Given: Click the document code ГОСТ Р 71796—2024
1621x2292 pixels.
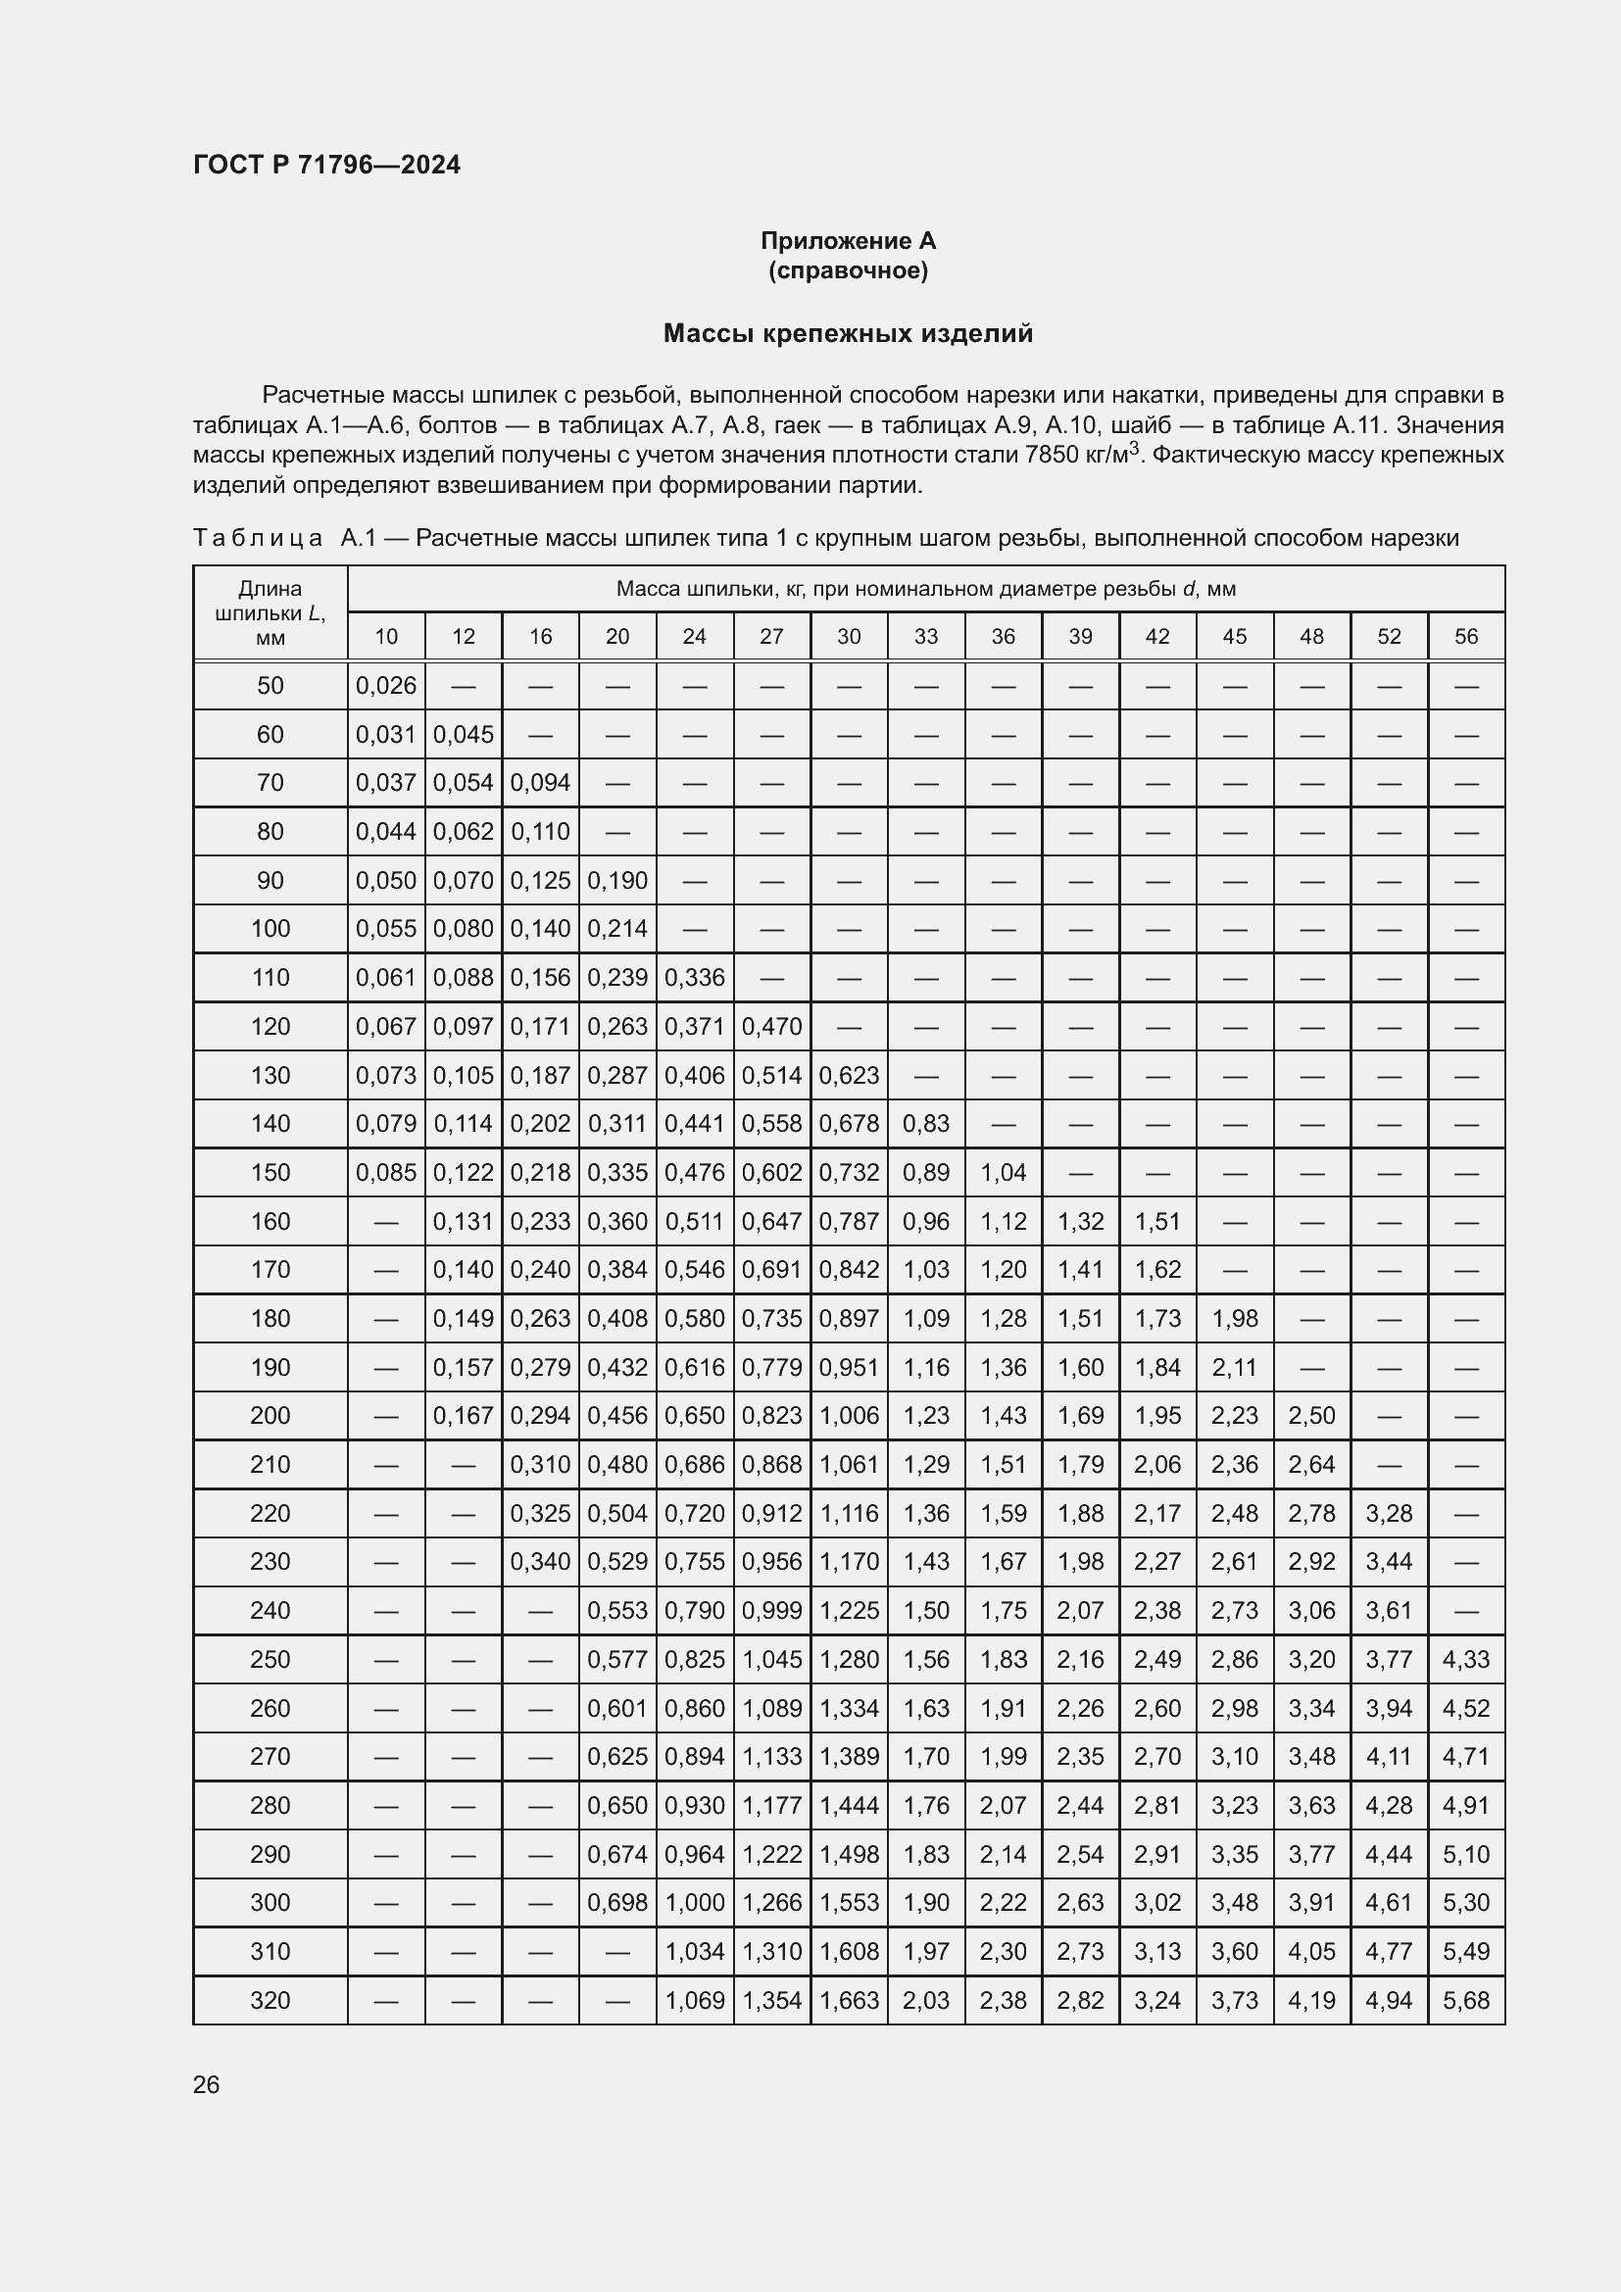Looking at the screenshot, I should click(x=326, y=165).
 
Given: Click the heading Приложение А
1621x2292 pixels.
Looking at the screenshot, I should click(x=848, y=241).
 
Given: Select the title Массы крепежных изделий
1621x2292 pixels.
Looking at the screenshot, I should click(x=848, y=333).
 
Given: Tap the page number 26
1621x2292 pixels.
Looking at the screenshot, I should click(x=207, y=2084).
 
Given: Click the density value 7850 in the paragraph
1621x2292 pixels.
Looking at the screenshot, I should click(x=1051, y=456).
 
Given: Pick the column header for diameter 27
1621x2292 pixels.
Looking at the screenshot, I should click(x=771, y=637).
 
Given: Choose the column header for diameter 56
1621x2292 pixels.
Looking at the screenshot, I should click(x=1465, y=637).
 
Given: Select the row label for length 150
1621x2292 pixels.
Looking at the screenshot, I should click(x=270, y=1172).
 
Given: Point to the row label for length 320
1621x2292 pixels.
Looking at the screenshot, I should click(x=270, y=2001).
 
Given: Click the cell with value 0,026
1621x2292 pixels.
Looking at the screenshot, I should click(x=385, y=686).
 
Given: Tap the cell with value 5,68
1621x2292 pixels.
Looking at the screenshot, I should click(x=1465, y=2001).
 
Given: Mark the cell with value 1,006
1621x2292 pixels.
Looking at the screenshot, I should click(x=849, y=1416).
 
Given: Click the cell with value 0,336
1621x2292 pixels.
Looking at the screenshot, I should click(x=694, y=977).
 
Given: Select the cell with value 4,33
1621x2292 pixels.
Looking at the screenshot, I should click(x=1465, y=1659).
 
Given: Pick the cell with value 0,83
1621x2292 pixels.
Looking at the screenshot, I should click(x=925, y=1124).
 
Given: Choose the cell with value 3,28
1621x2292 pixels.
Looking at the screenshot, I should click(x=1389, y=1513).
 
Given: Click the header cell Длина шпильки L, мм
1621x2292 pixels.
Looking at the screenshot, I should click(x=270, y=612).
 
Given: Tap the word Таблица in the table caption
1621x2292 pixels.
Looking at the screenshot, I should click(x=258, y=539).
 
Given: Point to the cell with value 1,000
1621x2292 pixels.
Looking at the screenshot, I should click(x=694, y=1903).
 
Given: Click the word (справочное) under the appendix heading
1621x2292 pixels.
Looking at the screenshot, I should click(x=848, y=271).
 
